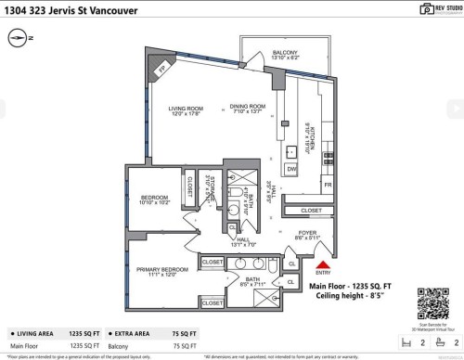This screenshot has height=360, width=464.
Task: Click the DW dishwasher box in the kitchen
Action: pos(291,169)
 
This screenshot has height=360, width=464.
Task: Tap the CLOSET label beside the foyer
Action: pos(311,211)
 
